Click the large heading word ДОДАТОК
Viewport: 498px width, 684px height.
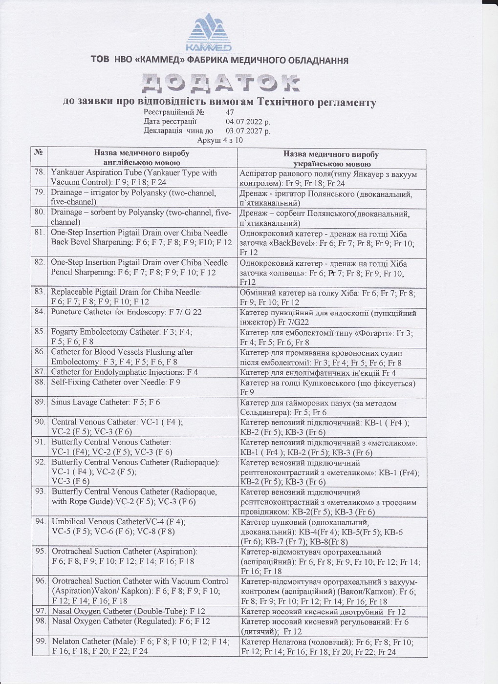(x=220, y=84)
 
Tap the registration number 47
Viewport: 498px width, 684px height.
(x=230, y=112)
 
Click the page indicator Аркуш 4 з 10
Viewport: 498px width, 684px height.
(x=220, y=140)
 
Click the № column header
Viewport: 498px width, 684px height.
(x=39, y=152)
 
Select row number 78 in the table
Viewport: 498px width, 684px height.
(x=40, y=172)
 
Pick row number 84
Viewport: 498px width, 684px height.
(x=40, y=312)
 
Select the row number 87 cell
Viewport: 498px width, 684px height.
(x=40, y=372)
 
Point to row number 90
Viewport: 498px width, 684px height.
(x=40, y=422)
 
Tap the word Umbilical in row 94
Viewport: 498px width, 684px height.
(x=69, y=521)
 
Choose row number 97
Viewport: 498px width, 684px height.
(x=41, y=611)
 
